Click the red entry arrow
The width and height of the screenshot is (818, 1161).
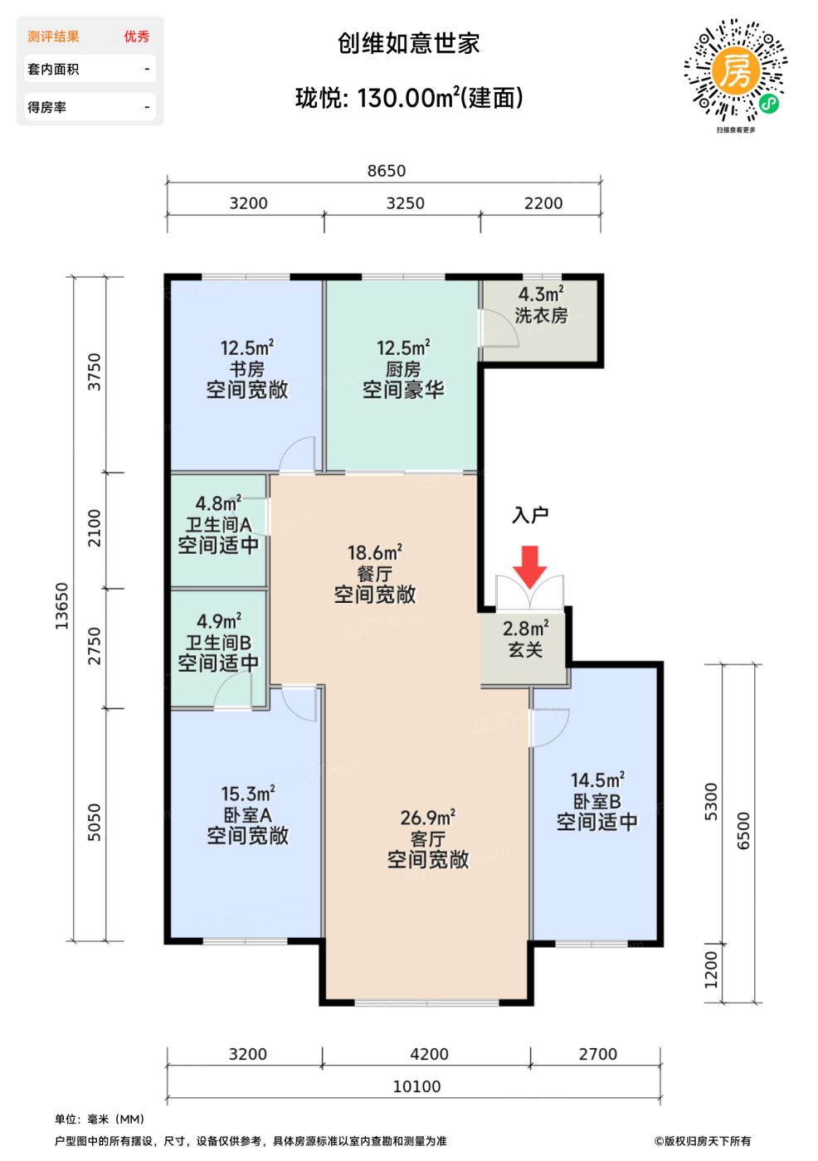[x=529, y=566]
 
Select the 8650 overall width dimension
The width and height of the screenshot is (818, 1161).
[x=387, y=171]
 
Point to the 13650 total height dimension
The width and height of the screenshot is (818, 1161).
[x=61, y=606]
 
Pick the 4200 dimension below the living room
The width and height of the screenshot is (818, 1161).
[x=429, y=1054]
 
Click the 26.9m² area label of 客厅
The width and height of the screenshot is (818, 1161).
[x=427, y=818]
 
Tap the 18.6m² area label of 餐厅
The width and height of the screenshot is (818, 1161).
[x=375, y=552]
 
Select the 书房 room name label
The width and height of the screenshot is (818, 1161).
[x=246, y=369]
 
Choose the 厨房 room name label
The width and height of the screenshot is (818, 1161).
[x=403, y=369]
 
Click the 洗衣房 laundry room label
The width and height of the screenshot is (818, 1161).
[x=541, y=315]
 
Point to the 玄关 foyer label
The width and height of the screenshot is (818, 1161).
[x=525, y=649]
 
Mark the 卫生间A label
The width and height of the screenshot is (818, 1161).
[x=219, y=524]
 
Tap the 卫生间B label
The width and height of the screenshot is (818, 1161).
[x=218, y=643]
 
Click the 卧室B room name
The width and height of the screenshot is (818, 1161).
[x=596, y=801]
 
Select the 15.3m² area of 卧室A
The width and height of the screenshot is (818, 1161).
[x=248, y=794]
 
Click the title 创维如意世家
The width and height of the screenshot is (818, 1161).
[x=408, y=43]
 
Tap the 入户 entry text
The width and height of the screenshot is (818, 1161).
[x=530, y=515]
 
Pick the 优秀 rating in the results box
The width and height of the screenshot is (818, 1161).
[x=136, y=36]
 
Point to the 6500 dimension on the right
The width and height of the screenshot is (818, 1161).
[x=743, y=831]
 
